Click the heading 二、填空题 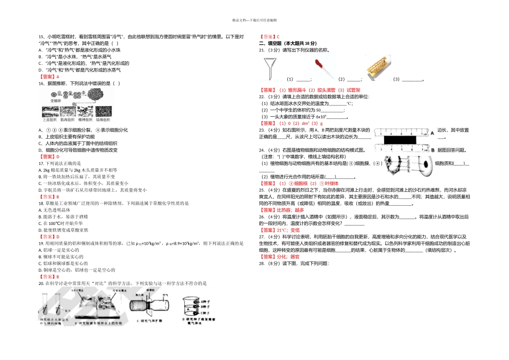click(x=271, y=43)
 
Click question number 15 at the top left click(x=41, y=37)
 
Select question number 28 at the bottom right click(x=262, y=264)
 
